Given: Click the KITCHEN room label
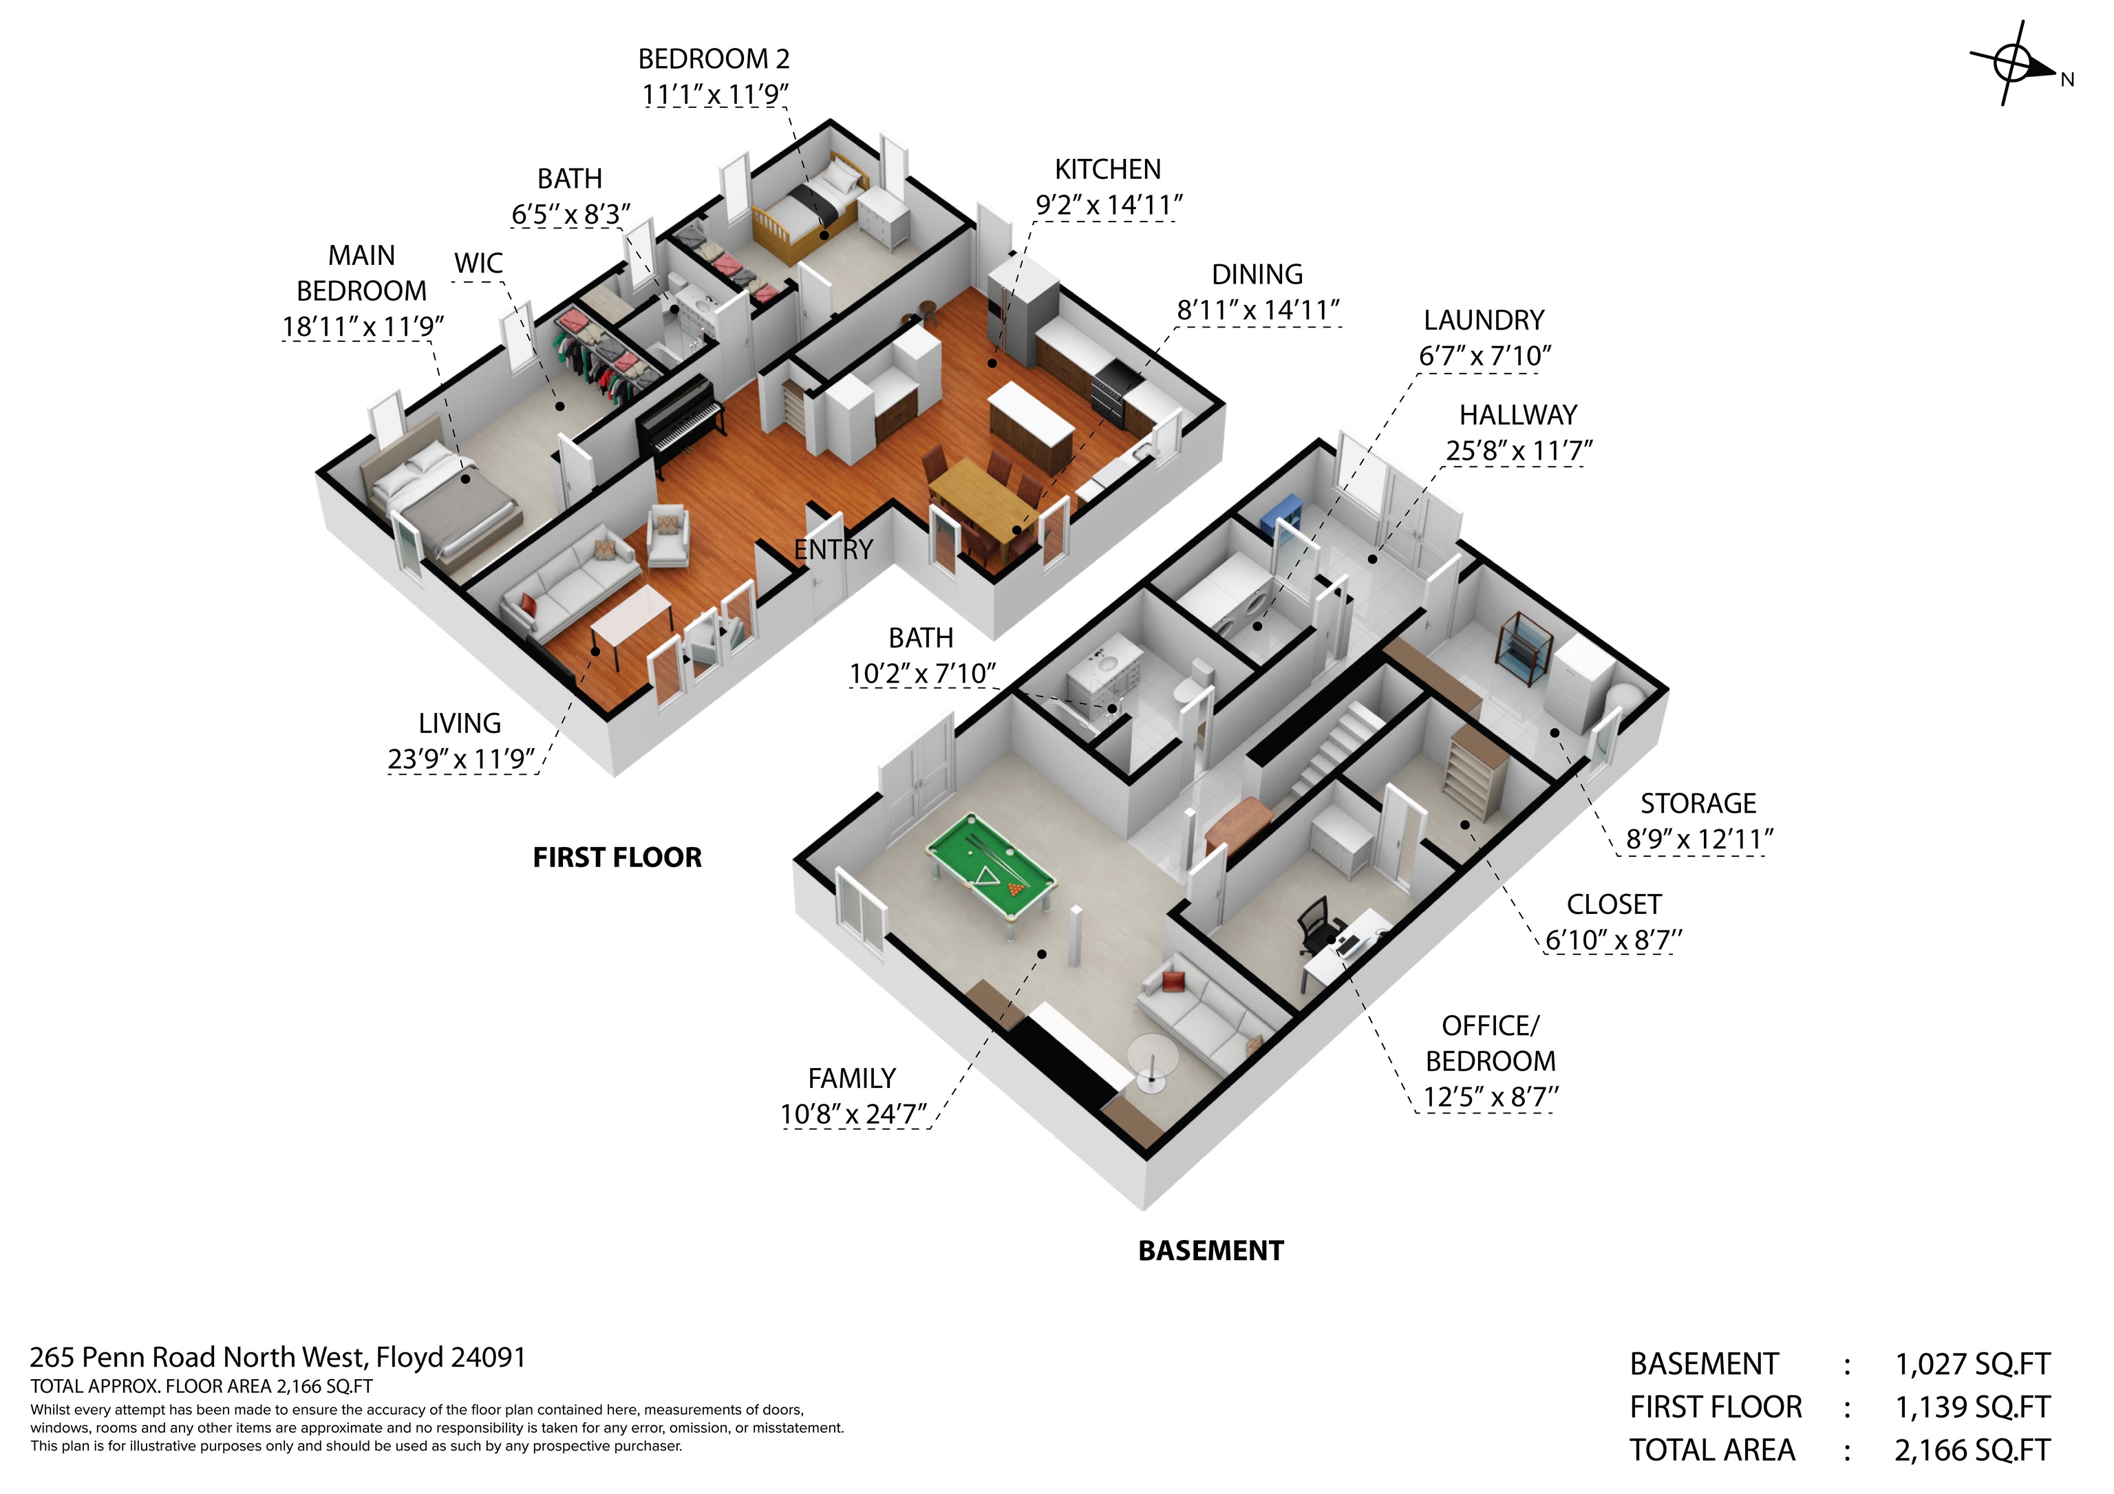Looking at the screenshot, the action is tap(1108, 169).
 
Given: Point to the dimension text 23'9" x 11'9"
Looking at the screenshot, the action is tap(461, 760).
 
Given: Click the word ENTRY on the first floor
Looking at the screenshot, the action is tap(833, 550).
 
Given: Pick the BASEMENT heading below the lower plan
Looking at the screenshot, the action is tap(1210, 1251).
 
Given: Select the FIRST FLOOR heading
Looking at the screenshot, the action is tap(617, 858).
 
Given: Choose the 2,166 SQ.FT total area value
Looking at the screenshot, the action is tap(1972, 1451).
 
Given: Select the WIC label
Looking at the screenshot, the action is tap(479, 264).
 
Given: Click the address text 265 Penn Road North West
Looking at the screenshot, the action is tap(198, 1358).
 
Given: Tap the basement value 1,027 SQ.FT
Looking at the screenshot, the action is tap(1973, 1364).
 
